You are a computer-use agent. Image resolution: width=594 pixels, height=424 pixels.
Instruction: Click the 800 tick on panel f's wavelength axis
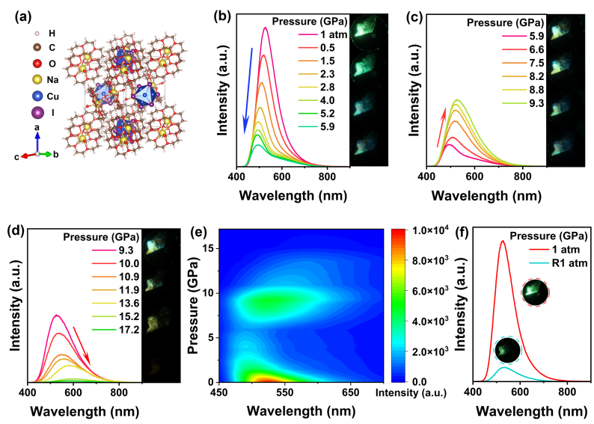click(566, 392)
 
